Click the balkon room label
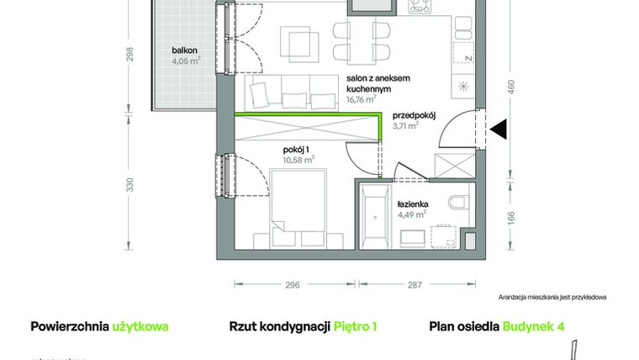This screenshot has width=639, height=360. tap(178, 50)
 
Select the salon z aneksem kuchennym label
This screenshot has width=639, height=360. tap(369, 82)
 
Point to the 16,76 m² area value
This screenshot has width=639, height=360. tap(362, 98)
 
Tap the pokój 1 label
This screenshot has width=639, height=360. tap(296, 150)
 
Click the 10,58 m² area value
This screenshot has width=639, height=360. tap(298, 159)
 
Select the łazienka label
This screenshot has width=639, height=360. tap(413, 204)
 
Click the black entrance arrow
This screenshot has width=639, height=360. tap(498, 130)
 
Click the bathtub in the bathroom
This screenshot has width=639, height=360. tap(374, 215)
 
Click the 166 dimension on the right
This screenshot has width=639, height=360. tap(510, 217)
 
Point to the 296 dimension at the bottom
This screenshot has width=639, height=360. tap(292, 285)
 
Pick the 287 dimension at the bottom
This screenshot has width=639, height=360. tap(415, 285)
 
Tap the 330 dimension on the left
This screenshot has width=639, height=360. tap(129, 186)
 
